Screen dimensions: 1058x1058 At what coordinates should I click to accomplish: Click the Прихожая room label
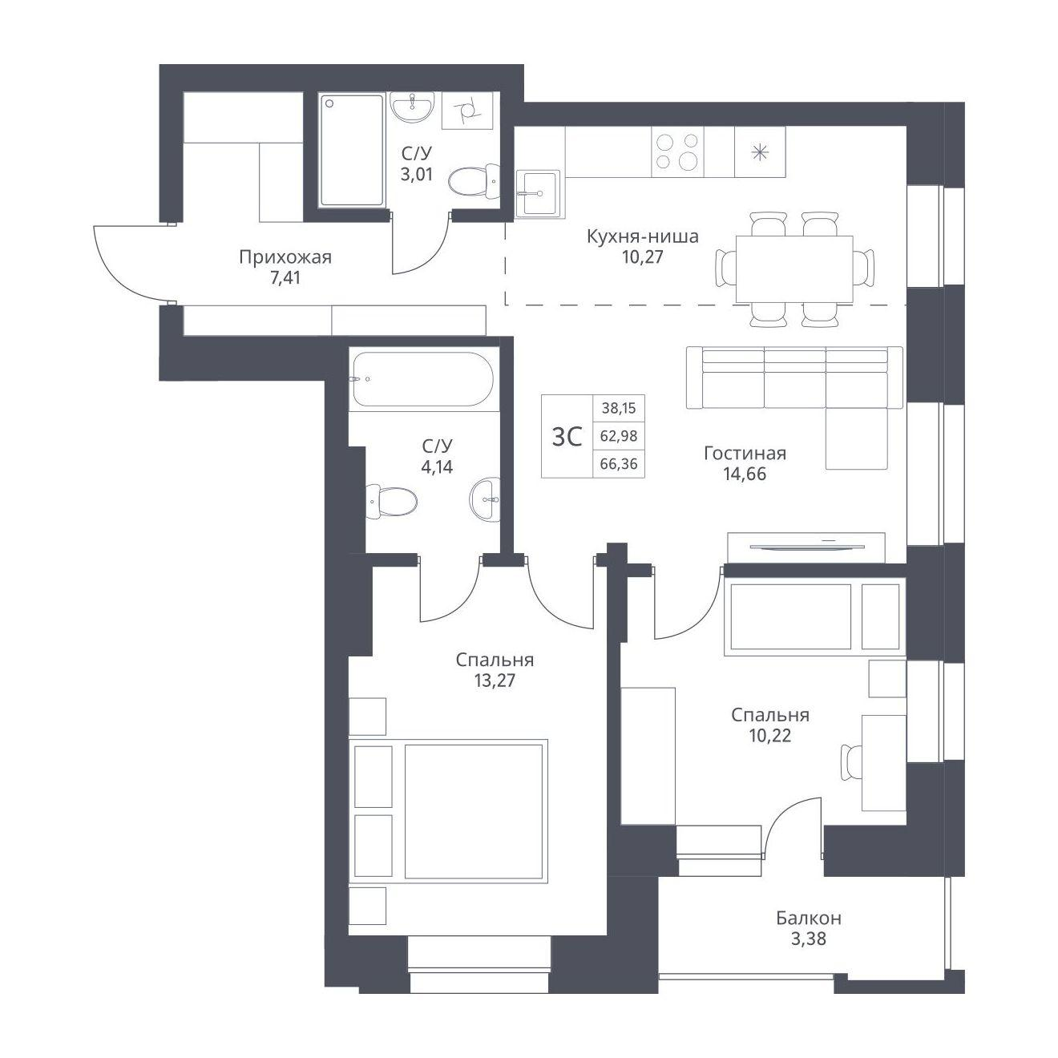click(285, 257)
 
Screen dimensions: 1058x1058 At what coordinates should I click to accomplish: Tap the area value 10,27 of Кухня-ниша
click(642, 256)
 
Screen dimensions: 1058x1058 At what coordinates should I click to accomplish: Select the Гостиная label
click(745, 454)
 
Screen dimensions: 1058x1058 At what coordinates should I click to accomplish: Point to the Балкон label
click(809, 918)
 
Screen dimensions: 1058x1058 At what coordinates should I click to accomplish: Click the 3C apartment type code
click(567, 438)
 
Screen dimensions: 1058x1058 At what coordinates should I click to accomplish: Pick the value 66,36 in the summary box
click(619, 464)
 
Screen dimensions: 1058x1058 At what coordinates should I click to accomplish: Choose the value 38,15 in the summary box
click(619, 408)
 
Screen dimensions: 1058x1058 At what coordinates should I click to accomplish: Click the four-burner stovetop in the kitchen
click(677, 151)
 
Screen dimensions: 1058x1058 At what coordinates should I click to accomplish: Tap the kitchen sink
click(538, 192)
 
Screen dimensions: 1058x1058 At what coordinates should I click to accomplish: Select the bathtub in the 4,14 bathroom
click(422, 380)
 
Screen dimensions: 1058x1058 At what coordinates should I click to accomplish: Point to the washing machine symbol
click(467, 110)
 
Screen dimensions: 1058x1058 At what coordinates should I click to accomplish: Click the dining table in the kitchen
click(794, 269)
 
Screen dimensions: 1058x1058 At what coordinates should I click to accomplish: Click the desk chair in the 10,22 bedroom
click(852, 762)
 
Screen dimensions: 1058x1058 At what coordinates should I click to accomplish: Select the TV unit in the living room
click(806, 547)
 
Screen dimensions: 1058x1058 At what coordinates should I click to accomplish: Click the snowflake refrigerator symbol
click(760, 152)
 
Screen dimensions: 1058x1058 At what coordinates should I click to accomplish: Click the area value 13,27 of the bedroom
click(495, 680)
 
